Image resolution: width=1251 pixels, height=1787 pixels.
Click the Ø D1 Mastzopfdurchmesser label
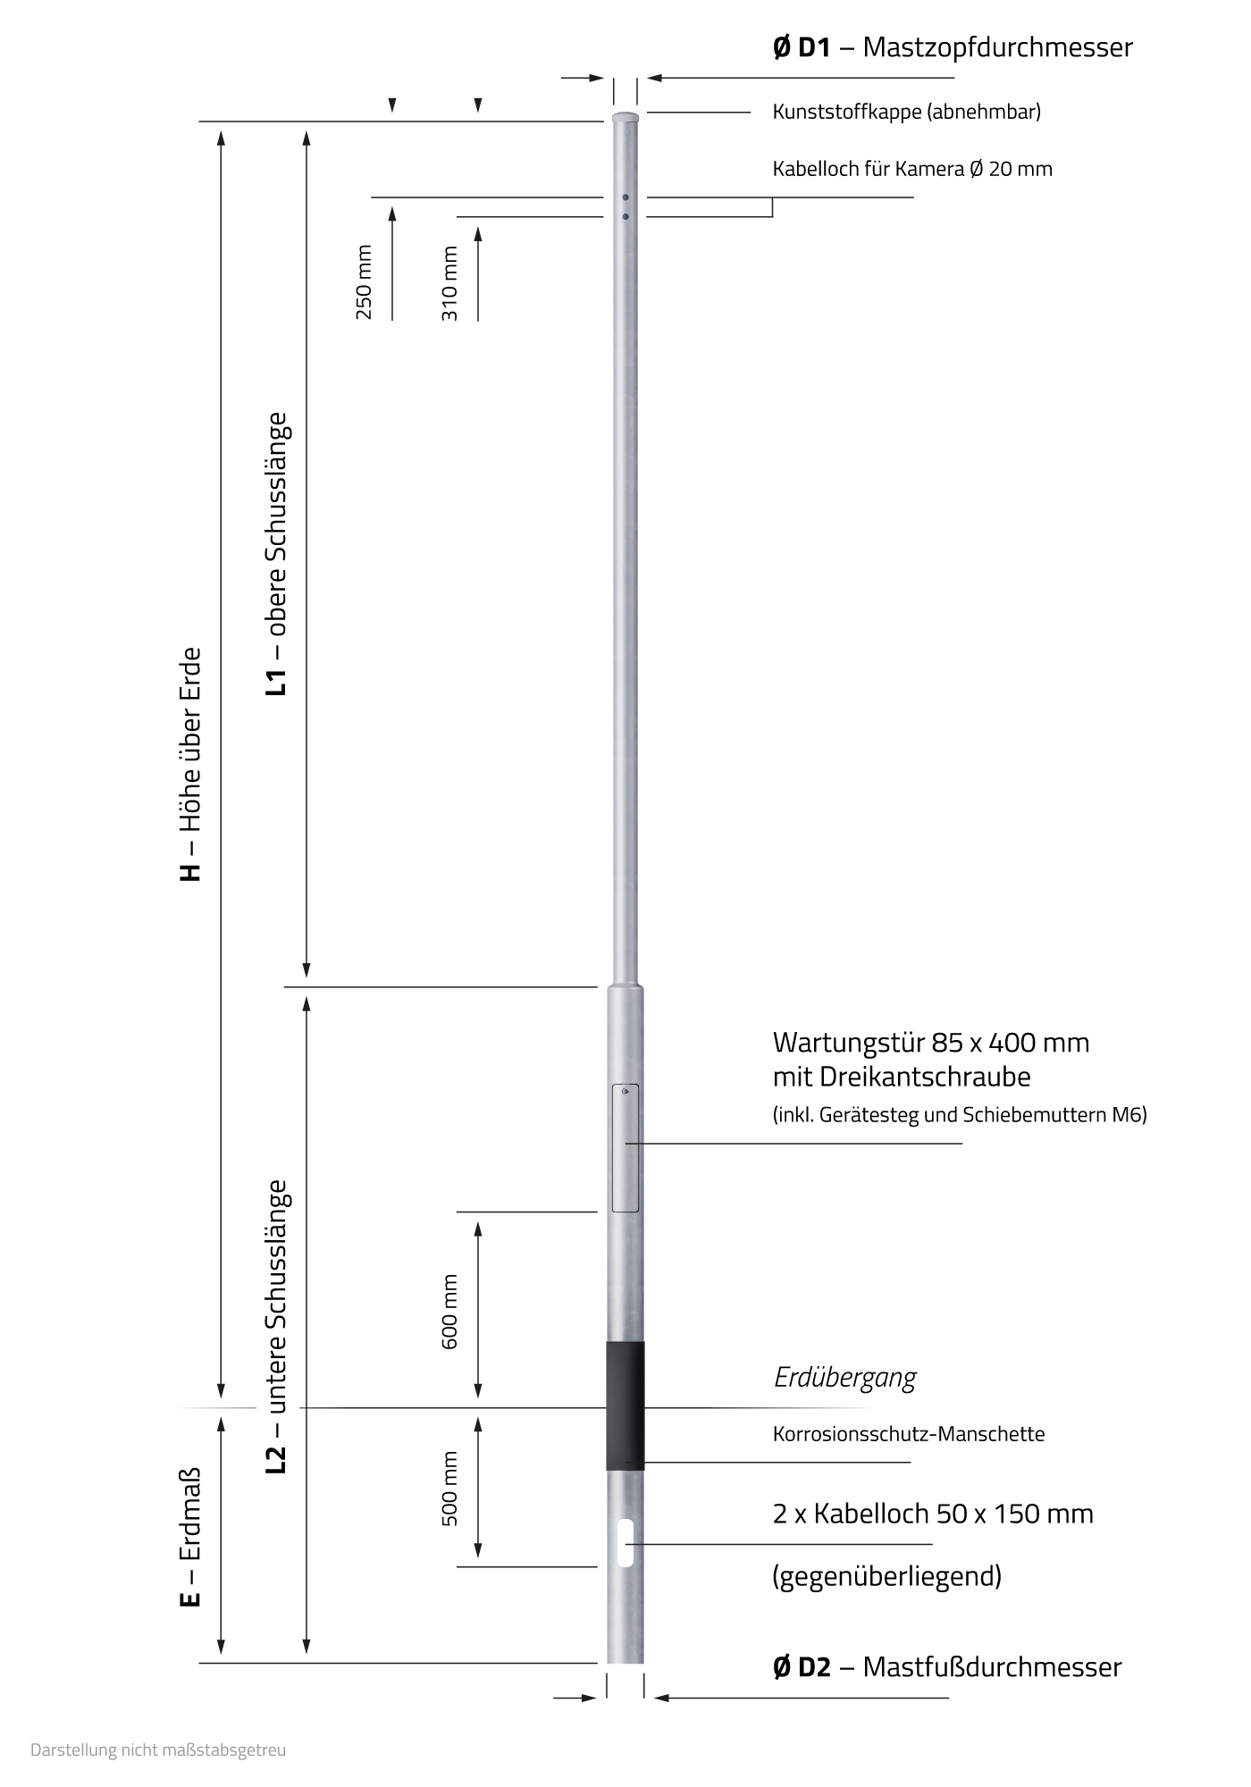952,47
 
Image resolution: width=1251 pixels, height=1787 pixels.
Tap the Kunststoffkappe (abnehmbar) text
906,112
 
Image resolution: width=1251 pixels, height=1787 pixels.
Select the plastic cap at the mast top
625,117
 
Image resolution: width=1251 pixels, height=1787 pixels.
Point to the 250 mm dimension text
364,282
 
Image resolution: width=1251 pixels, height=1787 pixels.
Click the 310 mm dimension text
449,283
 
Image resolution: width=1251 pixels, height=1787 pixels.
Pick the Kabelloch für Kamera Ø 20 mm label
911,169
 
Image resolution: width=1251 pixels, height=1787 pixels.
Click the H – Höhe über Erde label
191,764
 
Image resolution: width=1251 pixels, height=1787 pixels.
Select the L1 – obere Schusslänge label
277,553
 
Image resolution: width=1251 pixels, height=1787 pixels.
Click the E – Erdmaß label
190,1537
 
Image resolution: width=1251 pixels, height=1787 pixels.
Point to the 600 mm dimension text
449,1312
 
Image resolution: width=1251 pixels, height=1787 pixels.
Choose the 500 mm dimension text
449,1488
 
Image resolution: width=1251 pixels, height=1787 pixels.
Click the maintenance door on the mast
625,1148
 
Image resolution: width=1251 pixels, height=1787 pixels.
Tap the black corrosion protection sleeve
625,1405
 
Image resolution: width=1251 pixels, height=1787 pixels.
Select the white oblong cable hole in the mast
625,1542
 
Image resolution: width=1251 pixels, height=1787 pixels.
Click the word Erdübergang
844,1378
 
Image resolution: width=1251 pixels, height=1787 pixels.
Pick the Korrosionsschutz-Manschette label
908,1434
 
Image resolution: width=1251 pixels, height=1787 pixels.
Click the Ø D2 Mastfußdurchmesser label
946,1666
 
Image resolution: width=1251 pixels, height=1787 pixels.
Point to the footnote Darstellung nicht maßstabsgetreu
158,1749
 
